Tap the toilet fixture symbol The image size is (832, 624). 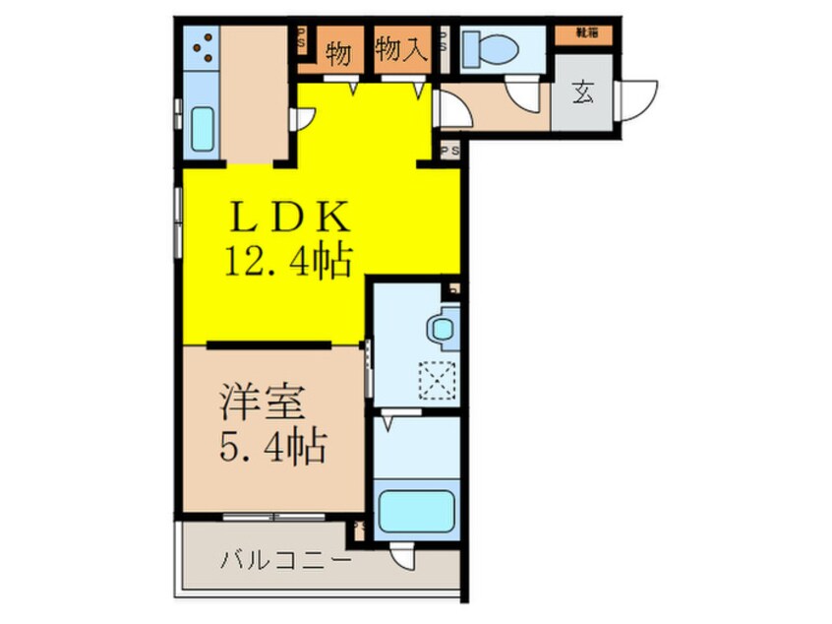pos(489,45)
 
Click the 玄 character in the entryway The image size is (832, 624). pos(583,95)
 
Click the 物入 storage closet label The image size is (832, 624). pos(402,50)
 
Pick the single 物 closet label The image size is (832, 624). pos(338,51)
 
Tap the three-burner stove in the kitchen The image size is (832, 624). pos(205,49)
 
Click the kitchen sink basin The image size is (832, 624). pos(203,128)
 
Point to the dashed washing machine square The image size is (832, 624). pos(433,379)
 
